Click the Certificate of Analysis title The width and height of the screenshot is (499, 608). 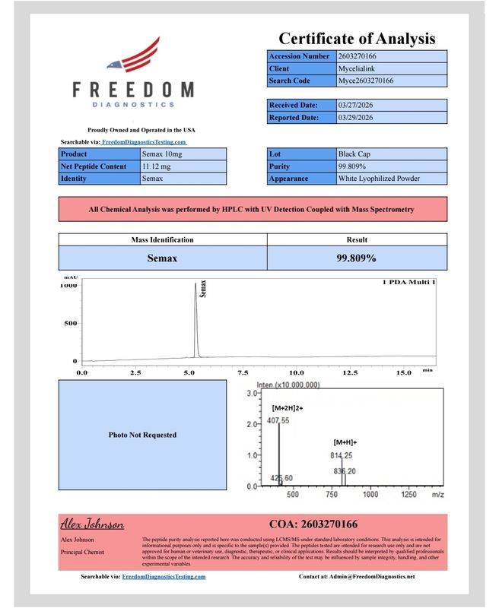coord(357,38)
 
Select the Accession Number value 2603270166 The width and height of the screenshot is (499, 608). coord(362,56)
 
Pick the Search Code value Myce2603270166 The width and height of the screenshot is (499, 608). coord(366,81)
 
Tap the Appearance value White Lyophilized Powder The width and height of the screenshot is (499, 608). coord(378,179)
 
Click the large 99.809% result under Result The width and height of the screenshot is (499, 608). coord(357,258)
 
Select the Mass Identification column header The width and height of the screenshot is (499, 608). coord(163,240)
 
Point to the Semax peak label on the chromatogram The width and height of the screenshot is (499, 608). coord(202,288)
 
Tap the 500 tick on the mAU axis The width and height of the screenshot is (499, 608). coord(69,323)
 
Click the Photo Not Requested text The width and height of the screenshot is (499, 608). coord(143,435)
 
